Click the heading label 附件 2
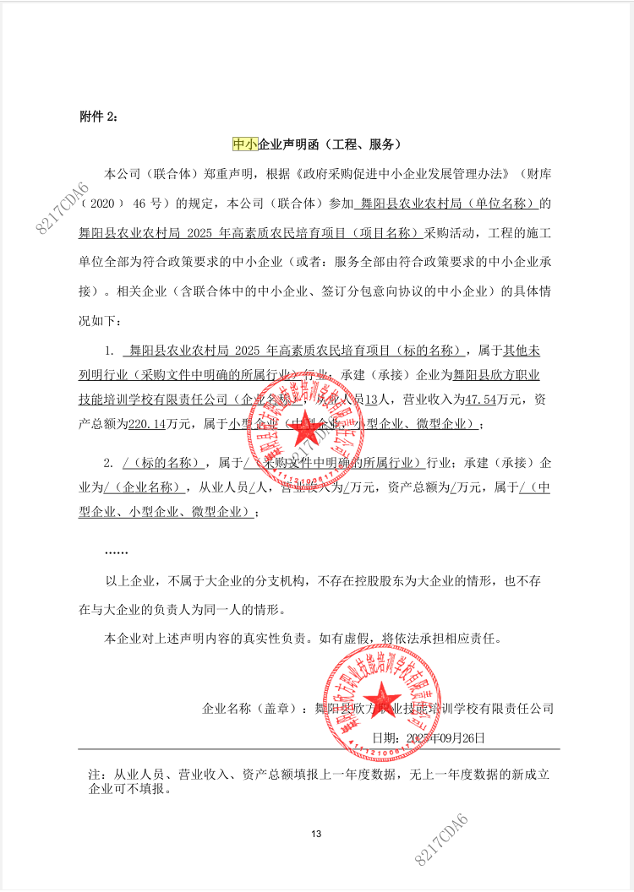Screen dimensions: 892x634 point(99,117)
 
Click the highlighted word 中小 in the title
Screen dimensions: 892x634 point(244,144)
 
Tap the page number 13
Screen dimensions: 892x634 point(317,835)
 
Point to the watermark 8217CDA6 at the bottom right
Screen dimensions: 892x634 point(441,840)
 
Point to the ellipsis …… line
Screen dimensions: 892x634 point(116,552)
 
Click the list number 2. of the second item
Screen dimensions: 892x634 point(108,463)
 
